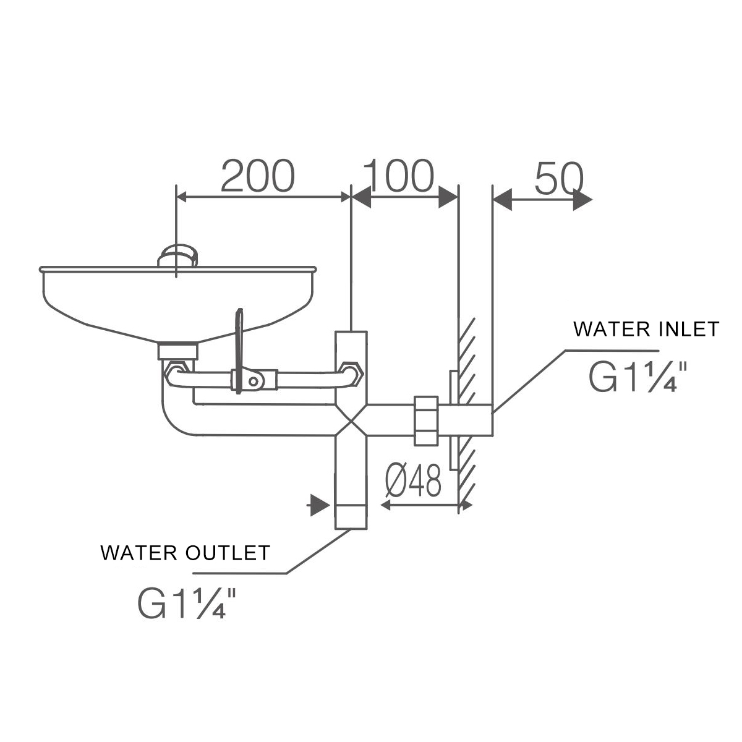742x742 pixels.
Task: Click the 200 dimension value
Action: click(x=257, y=176)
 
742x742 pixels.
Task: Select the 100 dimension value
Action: click(x=399, y=176)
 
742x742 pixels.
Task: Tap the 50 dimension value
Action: click(x=558, y=179)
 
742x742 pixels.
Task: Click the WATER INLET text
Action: click(x=646, y=329)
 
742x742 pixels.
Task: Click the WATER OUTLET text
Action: click(x=185, y=552)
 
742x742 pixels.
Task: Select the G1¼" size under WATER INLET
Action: click(x=638, y=377)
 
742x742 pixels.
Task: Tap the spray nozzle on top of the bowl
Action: click(x=179, y=255)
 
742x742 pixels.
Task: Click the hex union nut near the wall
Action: click(x=426, y=420)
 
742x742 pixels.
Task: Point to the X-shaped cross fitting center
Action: click(x=351, y=420)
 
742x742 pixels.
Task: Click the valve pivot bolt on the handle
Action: click(x=253, y=381)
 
